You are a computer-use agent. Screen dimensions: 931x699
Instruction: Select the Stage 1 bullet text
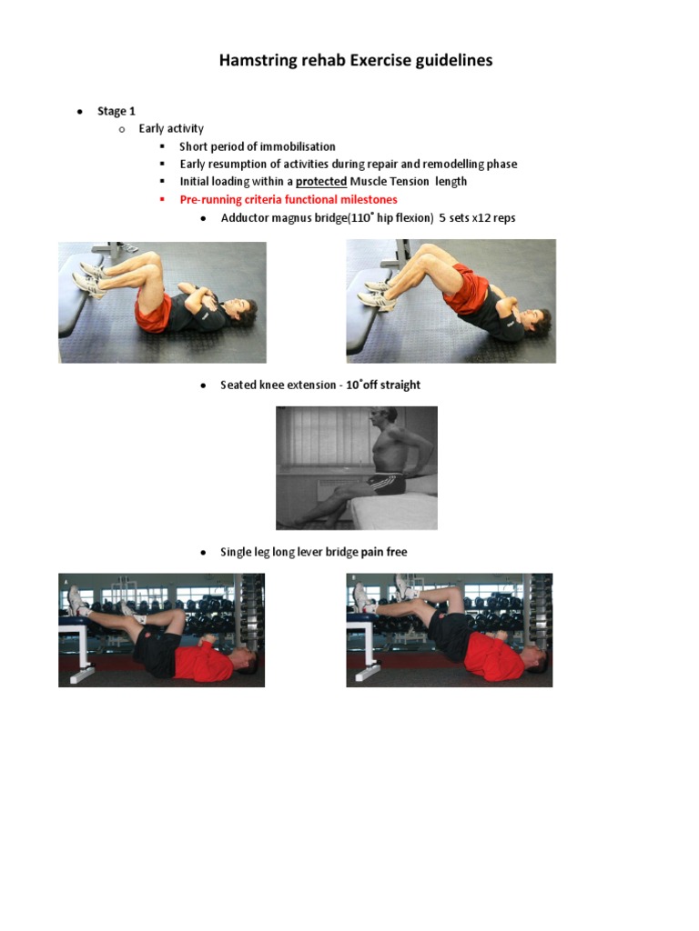pyautogui.click(x=116, y=111)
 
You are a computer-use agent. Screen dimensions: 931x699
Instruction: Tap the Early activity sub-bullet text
pyautogui.click(x=171, y=128)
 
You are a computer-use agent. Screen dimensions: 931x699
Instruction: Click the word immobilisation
pyautogui.click(x=298, y=146)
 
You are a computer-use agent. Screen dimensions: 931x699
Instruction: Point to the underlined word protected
pyautogui.click(x=321, y=181)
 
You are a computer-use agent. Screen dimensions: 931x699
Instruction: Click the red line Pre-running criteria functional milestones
pyautogui.click(x=288, y=199)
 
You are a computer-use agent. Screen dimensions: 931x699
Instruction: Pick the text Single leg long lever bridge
pyautogui.click(x=289, y=552)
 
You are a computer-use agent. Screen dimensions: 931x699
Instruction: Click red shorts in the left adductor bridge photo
pyautogui.click(x=153, y=314)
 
